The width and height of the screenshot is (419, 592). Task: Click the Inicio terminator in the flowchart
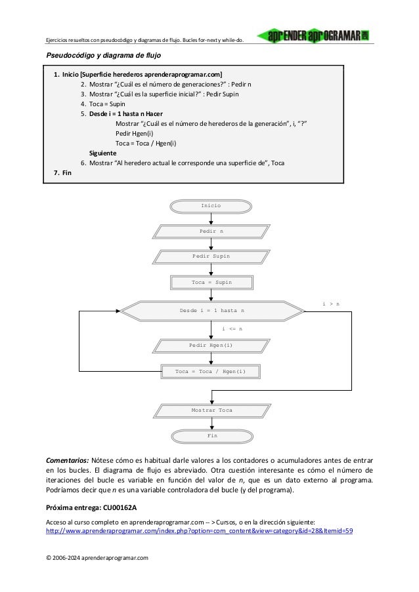pos(211,206)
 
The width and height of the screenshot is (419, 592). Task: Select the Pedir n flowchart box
pos(211,231)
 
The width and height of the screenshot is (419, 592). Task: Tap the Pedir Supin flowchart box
pos(211,256)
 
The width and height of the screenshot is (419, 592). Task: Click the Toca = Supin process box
pos(211,283)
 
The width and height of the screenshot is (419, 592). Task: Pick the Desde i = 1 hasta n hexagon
pos(211,309)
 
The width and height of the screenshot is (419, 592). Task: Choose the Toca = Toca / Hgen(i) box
pos(211,372)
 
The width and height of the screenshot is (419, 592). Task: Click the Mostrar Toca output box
pos(211,410)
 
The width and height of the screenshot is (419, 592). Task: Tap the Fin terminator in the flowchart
pos(211,435)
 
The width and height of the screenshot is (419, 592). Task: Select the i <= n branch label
pos(232,328)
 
